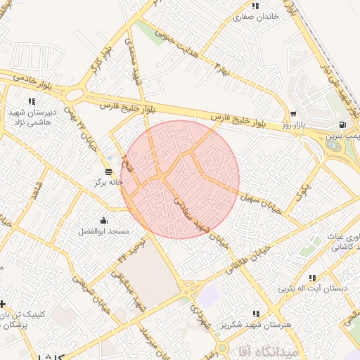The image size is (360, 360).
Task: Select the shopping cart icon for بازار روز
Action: coord(293,113)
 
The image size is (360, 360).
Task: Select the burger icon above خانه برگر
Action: coord(108,171)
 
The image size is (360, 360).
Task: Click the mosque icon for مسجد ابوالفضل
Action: coord(104,220)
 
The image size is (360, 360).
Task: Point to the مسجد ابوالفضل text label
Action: coord(104,231)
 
